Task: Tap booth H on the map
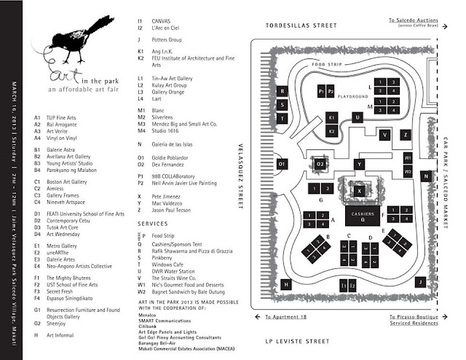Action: pos(286,283)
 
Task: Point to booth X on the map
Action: pos(358,190)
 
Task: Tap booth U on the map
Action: pos(357,117)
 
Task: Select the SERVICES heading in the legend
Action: pos(155,222)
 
